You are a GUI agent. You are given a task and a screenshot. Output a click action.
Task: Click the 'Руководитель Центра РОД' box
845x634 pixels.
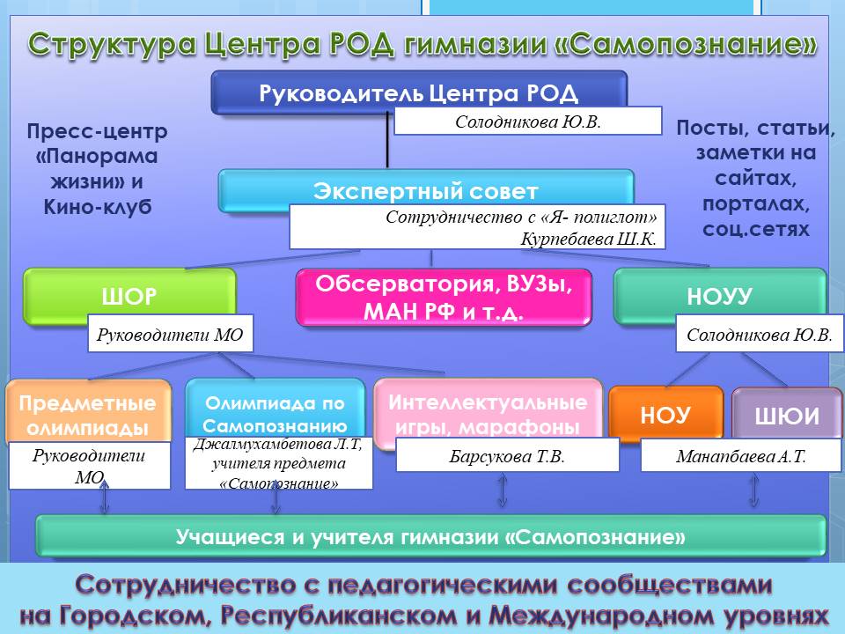(419, 92)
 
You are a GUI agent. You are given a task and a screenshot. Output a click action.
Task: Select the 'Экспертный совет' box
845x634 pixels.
(426, 190)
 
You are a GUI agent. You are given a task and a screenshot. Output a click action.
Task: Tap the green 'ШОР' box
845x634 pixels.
(129, 296)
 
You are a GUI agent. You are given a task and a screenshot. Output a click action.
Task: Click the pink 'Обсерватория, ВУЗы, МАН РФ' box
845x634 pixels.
(444, 297)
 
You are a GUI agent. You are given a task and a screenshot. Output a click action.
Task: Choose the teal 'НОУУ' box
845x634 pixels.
(719, 296)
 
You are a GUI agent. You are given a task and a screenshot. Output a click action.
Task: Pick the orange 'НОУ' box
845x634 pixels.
(665, 414)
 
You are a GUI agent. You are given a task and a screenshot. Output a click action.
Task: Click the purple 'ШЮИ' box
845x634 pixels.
(787, 414)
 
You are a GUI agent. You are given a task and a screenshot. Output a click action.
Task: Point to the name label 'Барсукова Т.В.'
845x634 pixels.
(507, 456)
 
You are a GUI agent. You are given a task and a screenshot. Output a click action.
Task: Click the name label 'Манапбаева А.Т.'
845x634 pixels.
(741, 456)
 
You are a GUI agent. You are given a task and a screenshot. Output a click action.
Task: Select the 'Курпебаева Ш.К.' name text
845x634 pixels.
(589, 239)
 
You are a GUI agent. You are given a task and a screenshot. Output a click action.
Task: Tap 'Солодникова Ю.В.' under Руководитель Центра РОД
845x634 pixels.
(527, 121)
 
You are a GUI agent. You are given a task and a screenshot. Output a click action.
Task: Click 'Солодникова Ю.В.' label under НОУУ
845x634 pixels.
(760, 335)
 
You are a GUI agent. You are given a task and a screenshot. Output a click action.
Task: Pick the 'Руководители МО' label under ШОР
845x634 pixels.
(170, 335)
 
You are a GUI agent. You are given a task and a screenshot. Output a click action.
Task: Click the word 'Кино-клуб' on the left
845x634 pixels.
(98, 206)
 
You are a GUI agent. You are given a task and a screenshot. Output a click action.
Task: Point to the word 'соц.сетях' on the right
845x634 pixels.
(755, 229)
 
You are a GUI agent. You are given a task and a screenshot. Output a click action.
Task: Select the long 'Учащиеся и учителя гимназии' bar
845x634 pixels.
(430, 537)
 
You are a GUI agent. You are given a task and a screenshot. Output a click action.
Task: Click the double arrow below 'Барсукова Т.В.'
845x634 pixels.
(503, 490)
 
